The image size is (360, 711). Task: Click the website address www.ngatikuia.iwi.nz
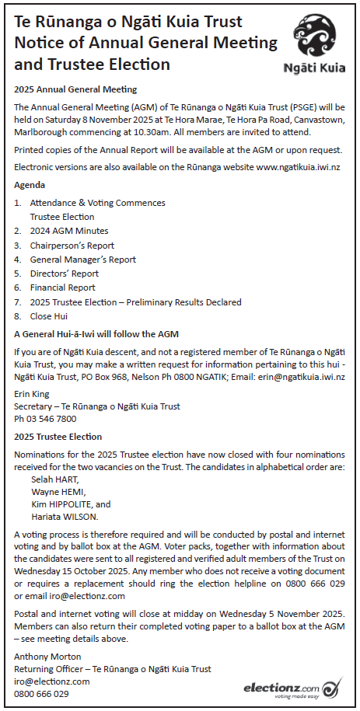299,167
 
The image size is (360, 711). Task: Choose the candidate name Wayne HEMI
57,492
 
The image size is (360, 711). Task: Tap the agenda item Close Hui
49,316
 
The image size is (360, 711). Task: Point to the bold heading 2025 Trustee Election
58,437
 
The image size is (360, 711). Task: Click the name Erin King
31,395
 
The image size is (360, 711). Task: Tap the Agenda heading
30,185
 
